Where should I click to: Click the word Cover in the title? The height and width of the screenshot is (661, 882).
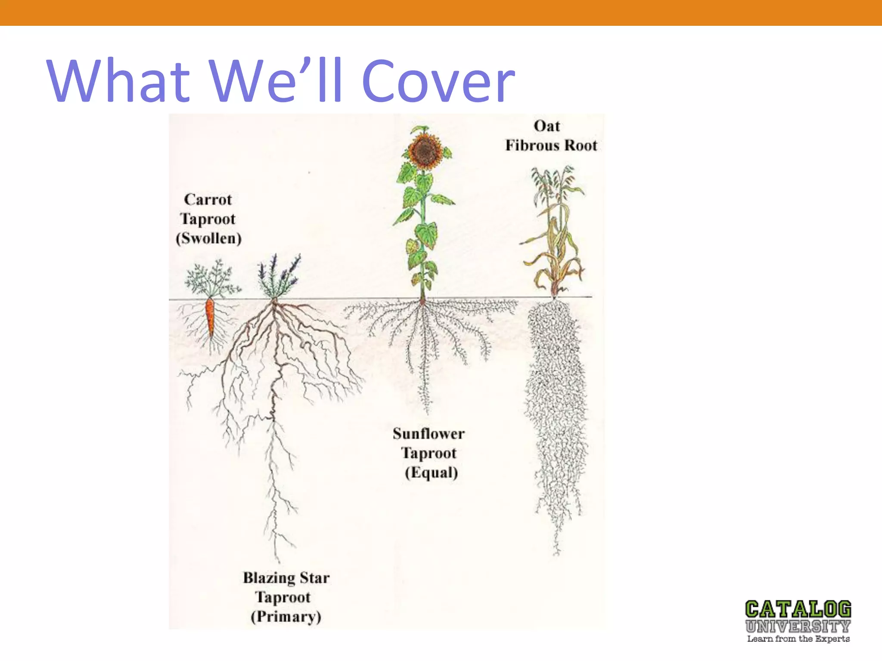click(x=438, y=82)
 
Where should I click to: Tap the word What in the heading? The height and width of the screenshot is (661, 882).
click(x=118, y=82)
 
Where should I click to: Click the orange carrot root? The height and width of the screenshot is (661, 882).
click(x=210, y=317)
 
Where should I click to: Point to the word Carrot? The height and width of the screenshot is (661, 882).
click(x=208, y=200)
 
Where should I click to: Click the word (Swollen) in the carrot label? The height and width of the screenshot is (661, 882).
click(x=208, y=238)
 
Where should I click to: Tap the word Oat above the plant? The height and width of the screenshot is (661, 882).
click(x=547, y=126)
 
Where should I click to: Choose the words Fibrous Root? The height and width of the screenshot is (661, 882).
click(x=551, y=145)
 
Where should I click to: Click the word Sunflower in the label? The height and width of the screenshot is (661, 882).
click(x=429, y=434)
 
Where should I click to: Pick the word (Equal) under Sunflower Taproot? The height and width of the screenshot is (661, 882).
click(x=431, y=473)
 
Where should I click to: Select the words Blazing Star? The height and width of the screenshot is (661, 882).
click(x=286, y=578)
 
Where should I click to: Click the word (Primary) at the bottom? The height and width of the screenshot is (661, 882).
click(x=286, y=617)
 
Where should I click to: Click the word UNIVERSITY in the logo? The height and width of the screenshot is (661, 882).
click(x=798, y=626)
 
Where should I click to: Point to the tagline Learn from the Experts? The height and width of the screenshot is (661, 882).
click(x=798, y=639)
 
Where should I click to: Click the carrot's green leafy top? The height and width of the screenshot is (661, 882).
click(x=211, y=278)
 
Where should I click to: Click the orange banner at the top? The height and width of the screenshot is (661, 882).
click(x=441, y=12)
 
